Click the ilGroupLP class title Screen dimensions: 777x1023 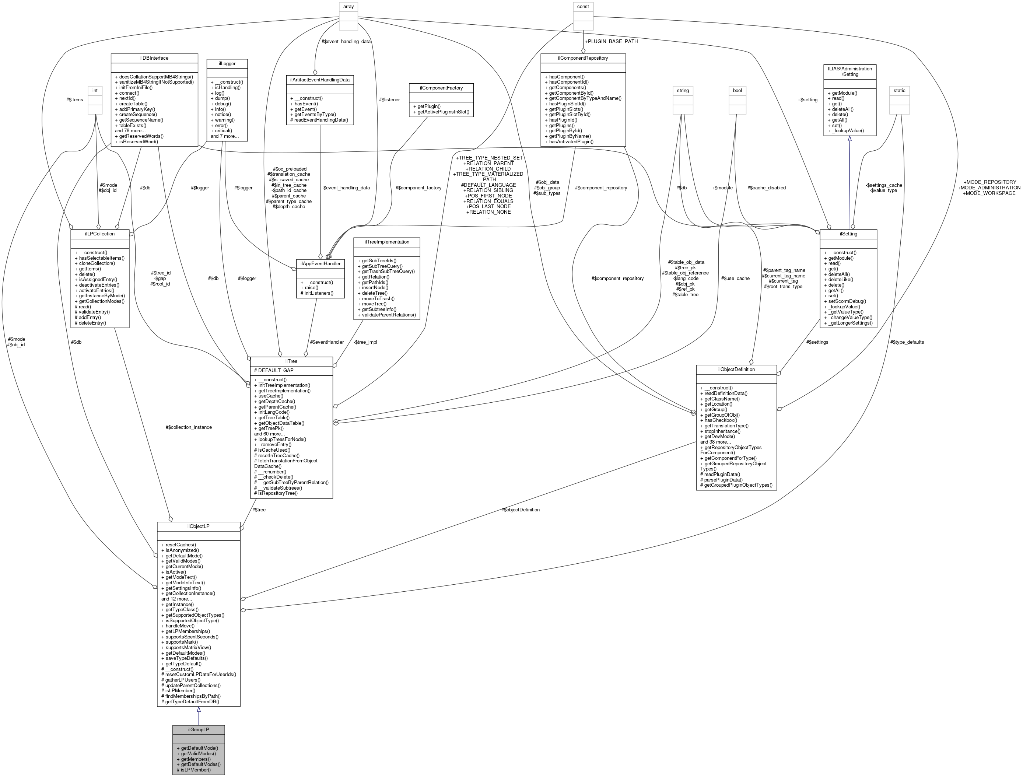(x=199, y=730)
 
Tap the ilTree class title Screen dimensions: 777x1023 (x=291, y=361)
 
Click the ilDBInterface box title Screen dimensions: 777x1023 (x=154, y=58)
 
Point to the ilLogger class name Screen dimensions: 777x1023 (x=227, y=63)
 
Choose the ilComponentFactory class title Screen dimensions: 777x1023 (x=441, y=88)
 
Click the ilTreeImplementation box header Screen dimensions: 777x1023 (x=387, y=242)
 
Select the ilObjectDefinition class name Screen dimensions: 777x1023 (x=736, y=369)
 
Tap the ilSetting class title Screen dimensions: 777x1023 (x=848, y=234)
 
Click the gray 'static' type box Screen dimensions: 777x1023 (x=900, y=91)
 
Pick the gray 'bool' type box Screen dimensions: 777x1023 (x=737, y=91)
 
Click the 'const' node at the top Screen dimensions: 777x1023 (x=583, y=7)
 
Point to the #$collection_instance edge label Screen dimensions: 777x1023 (x=189, y=427)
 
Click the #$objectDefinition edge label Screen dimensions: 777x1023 (x=520, y=510)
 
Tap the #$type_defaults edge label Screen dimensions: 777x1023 (x=907, y=342)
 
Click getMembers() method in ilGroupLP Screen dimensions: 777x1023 (x=196, y=759)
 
